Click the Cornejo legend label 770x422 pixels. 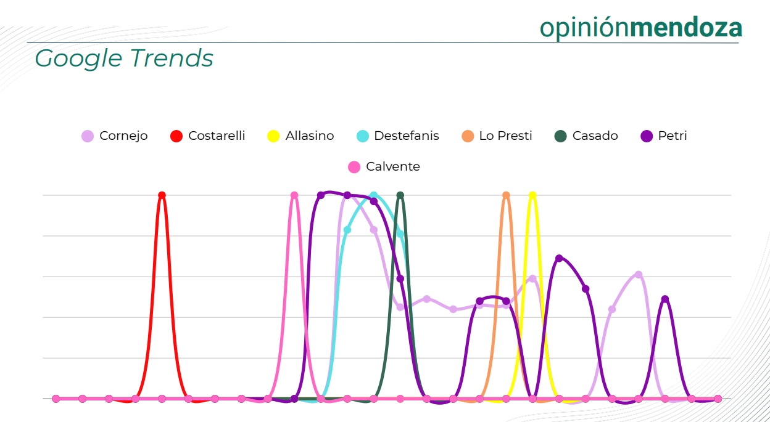(x=123, y=136)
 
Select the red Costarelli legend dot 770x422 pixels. (x=176, y=136)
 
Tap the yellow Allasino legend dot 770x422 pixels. (x=273, y=136)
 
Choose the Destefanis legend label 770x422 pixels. (x=407, y=136)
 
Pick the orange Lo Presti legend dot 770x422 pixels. (x=468, y=136)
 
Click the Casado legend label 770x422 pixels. (x=595, y=136)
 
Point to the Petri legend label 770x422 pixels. (x=673, y=136)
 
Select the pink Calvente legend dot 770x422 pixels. (x=354, y=167)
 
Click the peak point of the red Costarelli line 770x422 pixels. (x=162, y=195)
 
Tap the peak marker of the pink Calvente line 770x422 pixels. (x=294, y=195)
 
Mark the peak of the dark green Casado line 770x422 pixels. (x=400, y=195)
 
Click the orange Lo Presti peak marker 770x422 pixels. (x=506, y=195)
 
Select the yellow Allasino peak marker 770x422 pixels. (x=532, y=195)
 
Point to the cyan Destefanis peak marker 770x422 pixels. (x=374, y=195)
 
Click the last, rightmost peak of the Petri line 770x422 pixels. (x=665, y=299)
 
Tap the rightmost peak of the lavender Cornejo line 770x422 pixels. (x=639, y=275)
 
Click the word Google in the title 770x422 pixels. (x=78, y=59)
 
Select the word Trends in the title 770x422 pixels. (x=172, y=58)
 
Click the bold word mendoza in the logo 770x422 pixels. (x=686, y=28)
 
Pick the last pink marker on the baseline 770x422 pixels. (x=718, y=399)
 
